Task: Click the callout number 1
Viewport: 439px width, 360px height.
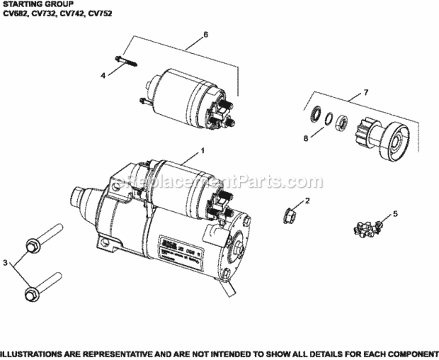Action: (x=202, y=150)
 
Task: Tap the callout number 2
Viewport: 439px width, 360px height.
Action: (x=307, y=200)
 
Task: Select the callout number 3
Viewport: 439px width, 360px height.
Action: (x=5, y=263)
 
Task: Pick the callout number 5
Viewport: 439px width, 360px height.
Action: (x=395, y=214)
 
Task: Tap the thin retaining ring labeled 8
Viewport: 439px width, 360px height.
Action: (x=328, y=118)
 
